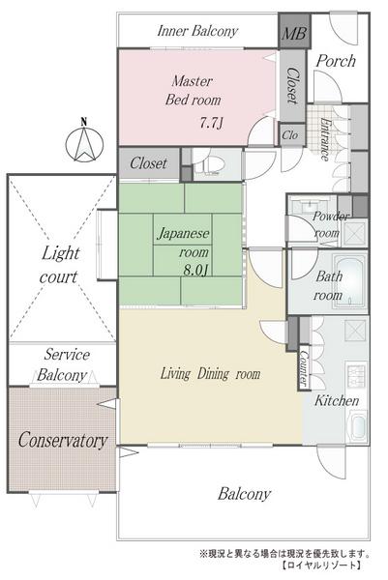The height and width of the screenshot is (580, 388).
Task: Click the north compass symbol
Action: [84, 143]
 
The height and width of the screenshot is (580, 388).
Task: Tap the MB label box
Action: [294, 31]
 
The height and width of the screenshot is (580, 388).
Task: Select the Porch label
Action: [336, 61]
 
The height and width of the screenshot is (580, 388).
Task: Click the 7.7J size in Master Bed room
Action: [211, 123]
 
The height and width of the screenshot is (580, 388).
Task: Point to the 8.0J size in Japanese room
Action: [196, 271]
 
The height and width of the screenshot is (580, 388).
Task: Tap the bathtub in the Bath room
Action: [350, 282]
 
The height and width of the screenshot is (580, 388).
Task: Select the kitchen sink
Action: [356, 425]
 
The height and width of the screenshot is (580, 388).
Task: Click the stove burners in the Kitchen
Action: [356, 375]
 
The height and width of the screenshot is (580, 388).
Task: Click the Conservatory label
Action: [63, 440]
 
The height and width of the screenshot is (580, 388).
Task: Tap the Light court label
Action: [60, 265]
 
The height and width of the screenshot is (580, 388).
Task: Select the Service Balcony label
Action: [63, 365]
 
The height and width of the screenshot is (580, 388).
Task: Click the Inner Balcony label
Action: [197, 31]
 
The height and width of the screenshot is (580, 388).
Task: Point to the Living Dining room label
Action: [210, 374]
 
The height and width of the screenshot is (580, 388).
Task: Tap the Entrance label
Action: [325, 139]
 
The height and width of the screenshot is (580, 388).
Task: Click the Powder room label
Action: [327, 224]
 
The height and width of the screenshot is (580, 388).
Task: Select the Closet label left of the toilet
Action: [148, 163]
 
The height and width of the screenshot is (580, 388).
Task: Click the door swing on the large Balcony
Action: [331, 461]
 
